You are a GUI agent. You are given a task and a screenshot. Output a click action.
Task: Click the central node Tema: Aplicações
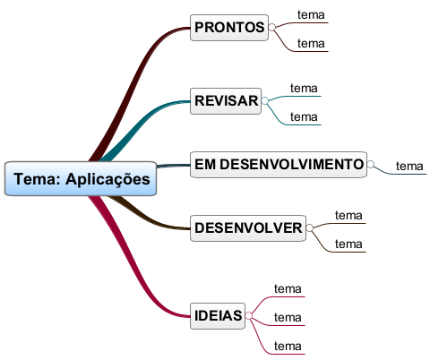pos(81,179)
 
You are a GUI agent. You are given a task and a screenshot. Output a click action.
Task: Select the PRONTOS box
pos(229,28)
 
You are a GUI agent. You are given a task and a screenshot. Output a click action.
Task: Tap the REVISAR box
pos(226,101)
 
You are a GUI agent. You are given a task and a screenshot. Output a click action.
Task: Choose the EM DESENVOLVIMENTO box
pos(279,165)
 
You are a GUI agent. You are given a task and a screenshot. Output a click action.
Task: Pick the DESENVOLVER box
pos(248,228)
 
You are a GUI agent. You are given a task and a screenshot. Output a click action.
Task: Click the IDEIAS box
pos(218,316)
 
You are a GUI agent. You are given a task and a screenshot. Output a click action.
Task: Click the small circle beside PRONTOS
pos(271,28)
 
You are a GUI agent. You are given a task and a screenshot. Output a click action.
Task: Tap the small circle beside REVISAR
pos(264,101)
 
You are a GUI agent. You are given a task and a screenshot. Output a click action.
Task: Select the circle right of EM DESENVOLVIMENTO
pos(370,165)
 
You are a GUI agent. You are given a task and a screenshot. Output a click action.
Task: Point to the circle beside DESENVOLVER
pos(309,228)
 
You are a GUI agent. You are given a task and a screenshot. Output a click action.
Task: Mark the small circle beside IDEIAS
pos(248,316)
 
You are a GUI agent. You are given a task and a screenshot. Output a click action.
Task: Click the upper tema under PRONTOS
pos(311,15)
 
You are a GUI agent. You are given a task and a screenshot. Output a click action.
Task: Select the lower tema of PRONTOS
pos(311,44)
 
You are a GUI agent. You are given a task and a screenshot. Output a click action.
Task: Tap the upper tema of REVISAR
pos(304,89)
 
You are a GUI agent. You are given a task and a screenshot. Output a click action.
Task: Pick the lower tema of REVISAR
pos(304,117)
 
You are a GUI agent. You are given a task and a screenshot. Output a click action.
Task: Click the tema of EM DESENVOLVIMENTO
pos(409,167)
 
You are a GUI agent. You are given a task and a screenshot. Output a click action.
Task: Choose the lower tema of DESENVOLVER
pos(348,244)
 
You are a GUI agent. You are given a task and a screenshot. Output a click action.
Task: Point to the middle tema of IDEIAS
pos(288,318)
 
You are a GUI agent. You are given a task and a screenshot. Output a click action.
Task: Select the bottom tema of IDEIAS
pos(288,347)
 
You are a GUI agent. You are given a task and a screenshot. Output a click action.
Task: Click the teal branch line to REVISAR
pos(141,123)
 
